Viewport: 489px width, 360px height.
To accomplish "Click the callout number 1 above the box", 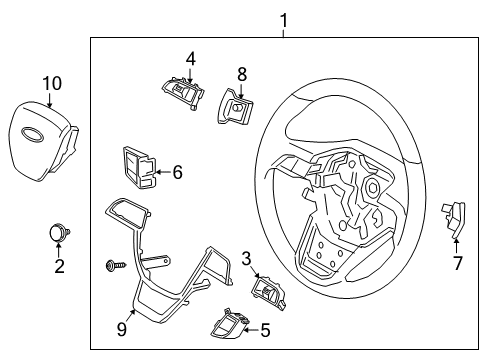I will [x=283, y=19].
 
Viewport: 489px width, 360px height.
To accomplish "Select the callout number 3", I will [x=245, y=259].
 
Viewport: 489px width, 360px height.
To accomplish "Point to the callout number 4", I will [x=190, y=58].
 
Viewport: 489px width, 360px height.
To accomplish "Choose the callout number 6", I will [x=177, y=172].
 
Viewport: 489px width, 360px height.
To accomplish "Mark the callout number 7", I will [x=457, y=263].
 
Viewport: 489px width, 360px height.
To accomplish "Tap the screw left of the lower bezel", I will [x=111, y=264].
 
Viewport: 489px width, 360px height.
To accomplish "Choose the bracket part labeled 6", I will [x=138, y=166].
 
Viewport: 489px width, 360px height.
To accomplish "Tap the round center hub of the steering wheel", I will [x=372, y=187].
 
